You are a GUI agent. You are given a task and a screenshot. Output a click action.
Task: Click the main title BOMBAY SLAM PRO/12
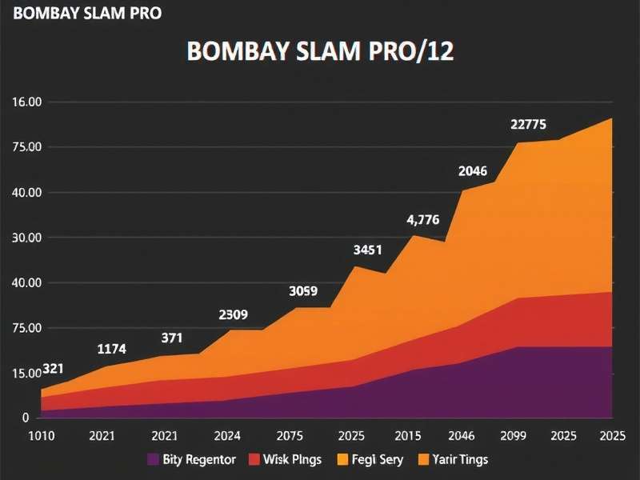[320, 51]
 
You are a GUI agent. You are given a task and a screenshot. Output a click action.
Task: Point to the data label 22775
[529, 125]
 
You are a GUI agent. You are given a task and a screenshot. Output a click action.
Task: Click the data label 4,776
[423, 220]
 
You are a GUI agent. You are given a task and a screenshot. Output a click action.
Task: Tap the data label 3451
[368, 250]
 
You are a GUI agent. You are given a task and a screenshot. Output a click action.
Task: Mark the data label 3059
[304, 291]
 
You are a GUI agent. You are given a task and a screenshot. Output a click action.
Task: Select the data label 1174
[111, 349]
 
